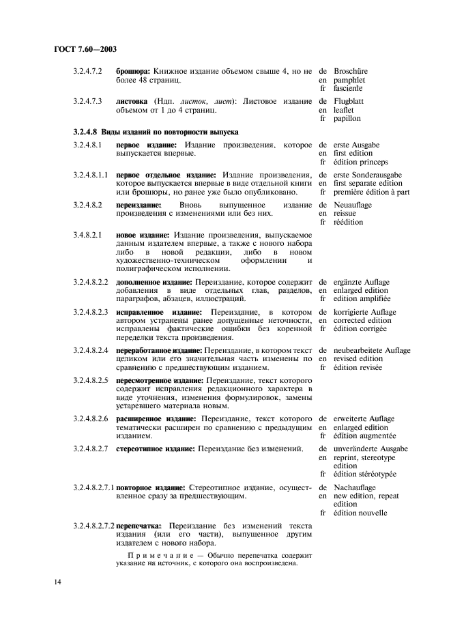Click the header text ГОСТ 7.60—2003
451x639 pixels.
79,51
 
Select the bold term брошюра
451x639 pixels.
132,71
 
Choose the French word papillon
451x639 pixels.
347,119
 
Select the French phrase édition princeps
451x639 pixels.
360,162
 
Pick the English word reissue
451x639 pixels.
348,214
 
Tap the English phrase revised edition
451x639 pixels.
358,359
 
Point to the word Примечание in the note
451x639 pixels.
159,556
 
